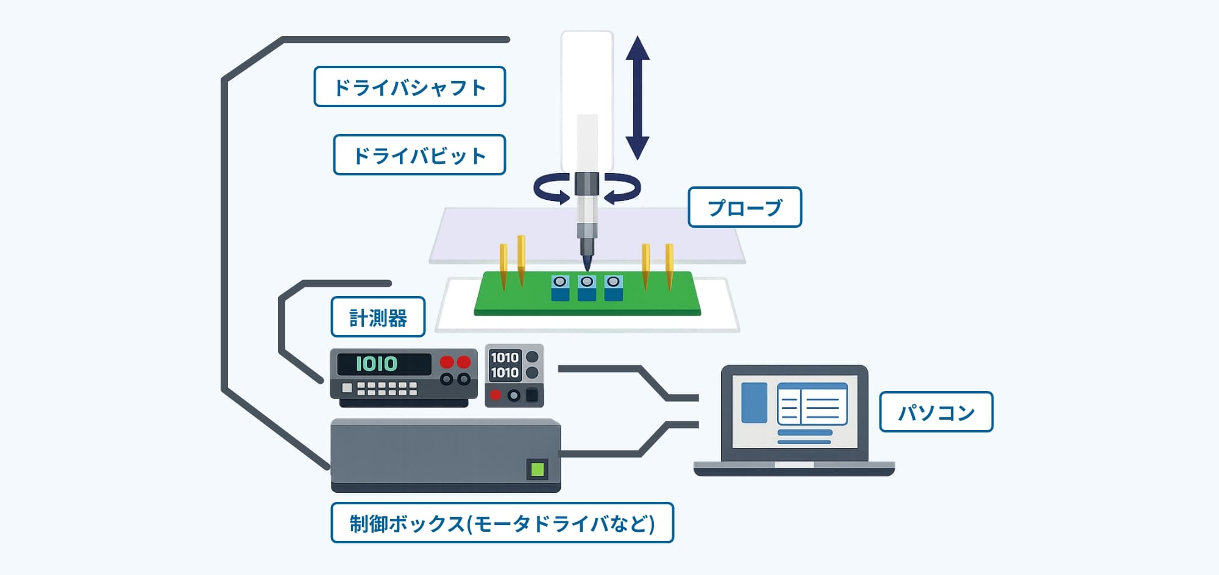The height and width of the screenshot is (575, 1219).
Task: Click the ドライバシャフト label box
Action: pyautogui.click(x=410, y=86)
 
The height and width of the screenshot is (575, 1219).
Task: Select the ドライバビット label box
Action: pyautogui.click(x=419, y=155)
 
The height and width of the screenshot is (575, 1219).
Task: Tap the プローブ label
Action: pyautogui.click(x=745, y=207)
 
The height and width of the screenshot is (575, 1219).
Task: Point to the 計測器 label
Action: pyautogui.click(x=378, y=317)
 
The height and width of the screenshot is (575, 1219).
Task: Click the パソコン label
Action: pyautogui.click(x=936, y=412)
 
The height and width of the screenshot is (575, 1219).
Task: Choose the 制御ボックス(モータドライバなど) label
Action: pyautogui.click(x=502, y=523)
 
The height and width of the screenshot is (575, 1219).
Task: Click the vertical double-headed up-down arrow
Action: pyautogui.click(x=638, y=97)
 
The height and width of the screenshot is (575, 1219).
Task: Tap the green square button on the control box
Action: pyautogui.click(x=537, y=469)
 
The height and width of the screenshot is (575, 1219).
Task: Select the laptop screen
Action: pyautogui.click(x=794, y=412)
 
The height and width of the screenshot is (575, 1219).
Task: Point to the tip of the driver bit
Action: pyautogui.click(x=587, y=270)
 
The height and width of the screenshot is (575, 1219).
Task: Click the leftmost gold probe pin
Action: pyautogui.click(x=503, y=267)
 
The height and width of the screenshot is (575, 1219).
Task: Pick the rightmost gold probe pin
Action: pyautogui.click(x=669, y=267)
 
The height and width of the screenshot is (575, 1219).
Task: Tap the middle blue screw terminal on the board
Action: pyautogui.click(x=587, y=288)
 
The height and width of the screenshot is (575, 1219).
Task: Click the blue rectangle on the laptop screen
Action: pyautogui.click(x=754, y=403)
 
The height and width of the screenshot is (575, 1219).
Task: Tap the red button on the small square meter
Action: pyautogui.click(x=496, y=395)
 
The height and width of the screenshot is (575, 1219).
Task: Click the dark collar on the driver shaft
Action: pyautogui.click(x=587, y=183)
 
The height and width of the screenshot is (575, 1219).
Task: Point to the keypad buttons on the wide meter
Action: pyautogui.click(x=386, y=388)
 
